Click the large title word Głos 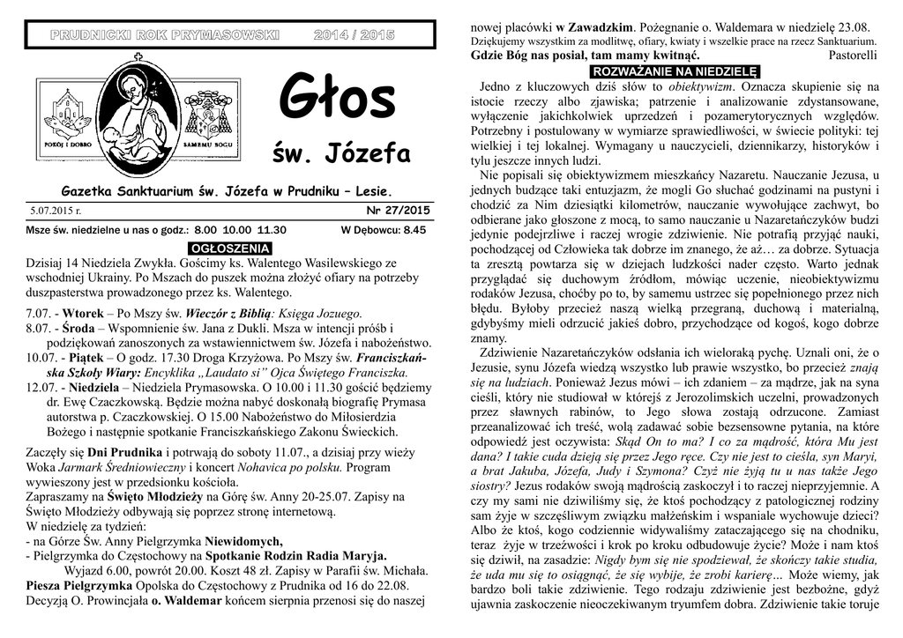pyautogui.click(x=338, y=100)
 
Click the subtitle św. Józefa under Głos pyautogui.click(x=345, y=155)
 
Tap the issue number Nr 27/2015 pyautogui.click(x=398, y=211)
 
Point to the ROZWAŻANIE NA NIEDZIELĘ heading pyautogui.click(x=675, y=71)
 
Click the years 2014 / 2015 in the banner pyautogui.click(x=354, y=34)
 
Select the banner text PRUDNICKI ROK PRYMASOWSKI pyautogui.click(x=163, y=34)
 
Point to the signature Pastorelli pyautogui.click(x=853, y=56)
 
